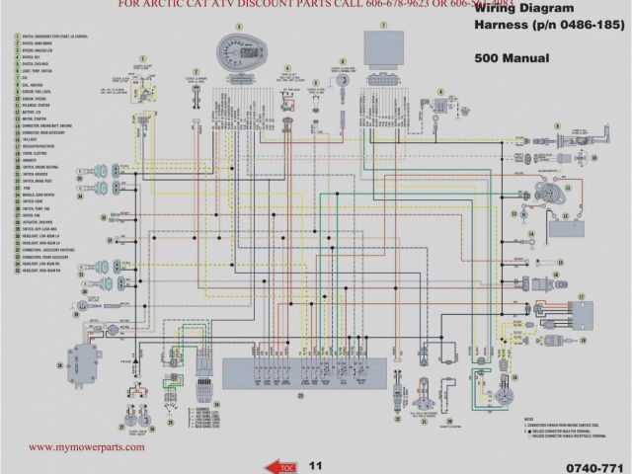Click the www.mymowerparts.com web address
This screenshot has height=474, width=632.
point(86,446)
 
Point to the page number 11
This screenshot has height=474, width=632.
point(316,464)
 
